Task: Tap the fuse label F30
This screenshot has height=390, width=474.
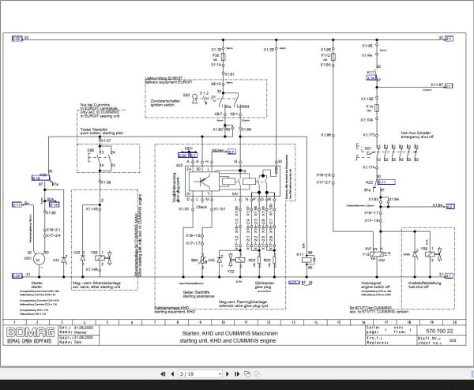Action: click(x=214, y=56)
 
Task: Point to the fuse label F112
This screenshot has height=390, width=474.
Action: click(x=326, y=56)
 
